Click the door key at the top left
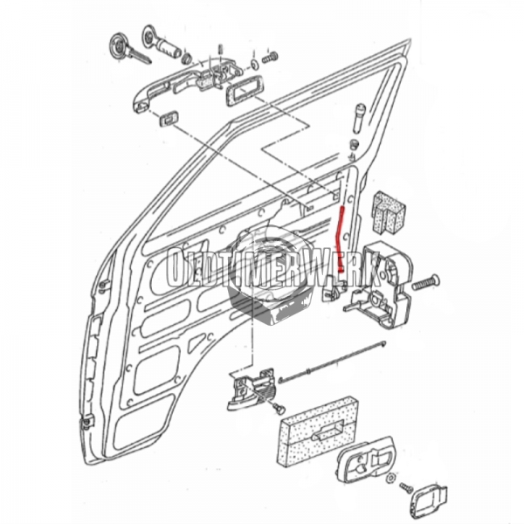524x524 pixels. click(x=122, y=48)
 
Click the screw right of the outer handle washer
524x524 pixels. click(x=270, y=57)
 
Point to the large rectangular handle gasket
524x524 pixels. click(x=240, y=91)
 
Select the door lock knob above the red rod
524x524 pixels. click(x=359, y=117)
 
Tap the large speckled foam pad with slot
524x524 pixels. click(x=318, y=433)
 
